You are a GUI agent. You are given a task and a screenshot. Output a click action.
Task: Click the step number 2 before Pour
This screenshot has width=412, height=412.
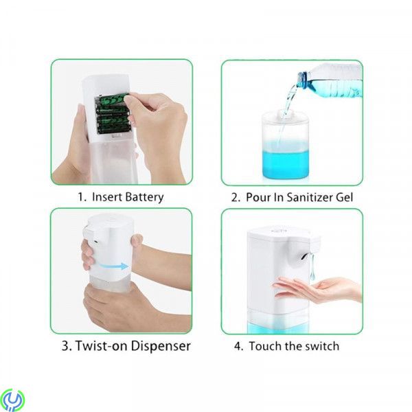[234, 197]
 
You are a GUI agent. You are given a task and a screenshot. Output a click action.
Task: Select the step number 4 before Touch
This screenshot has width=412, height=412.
[238, 345]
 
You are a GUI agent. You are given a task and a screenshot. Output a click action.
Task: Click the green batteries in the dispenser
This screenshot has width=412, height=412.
[113, 113]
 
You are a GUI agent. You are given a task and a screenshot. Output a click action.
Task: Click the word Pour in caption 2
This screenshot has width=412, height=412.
[258, 197]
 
